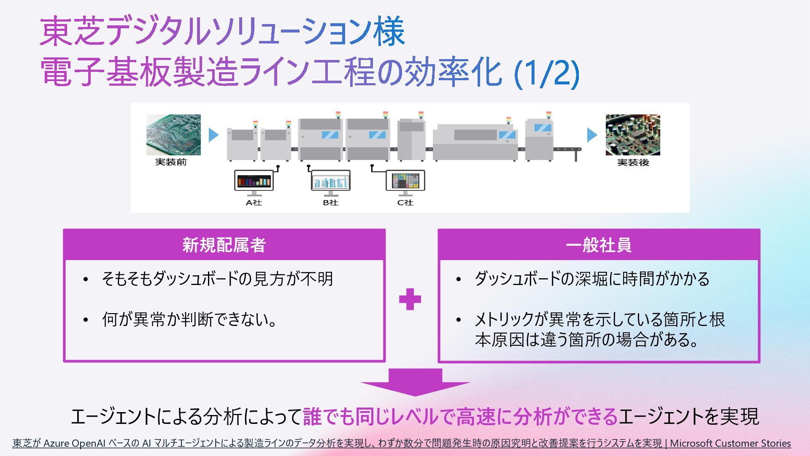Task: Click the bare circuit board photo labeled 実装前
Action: (x=173, y=135)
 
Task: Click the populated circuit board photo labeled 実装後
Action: (x=633, y=135)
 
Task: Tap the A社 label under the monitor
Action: (x=254, y=203)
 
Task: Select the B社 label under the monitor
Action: (x=331, y=203)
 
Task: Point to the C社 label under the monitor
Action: (x=405, y=203)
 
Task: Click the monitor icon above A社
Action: (x=254, y=182)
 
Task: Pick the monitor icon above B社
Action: (x=331, y=182)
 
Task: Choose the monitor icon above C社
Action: (x=405, y=182)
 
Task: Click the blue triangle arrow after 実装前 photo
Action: (x=214, y=135)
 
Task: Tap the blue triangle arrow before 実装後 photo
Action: (x=592, y=135)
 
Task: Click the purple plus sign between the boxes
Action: (x=410, y=299)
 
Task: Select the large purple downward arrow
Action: (x=415, y=383)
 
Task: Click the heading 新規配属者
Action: (x=224, y=245)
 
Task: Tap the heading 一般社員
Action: (x=599, y=245)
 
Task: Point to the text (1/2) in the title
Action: (x=547, y=73)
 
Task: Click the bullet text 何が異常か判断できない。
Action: (x=189, y=320)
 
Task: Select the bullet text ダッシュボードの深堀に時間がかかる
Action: (x=592, y=279)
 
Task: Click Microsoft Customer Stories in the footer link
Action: (x=730, y=443)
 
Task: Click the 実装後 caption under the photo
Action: (x=633, y=163)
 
